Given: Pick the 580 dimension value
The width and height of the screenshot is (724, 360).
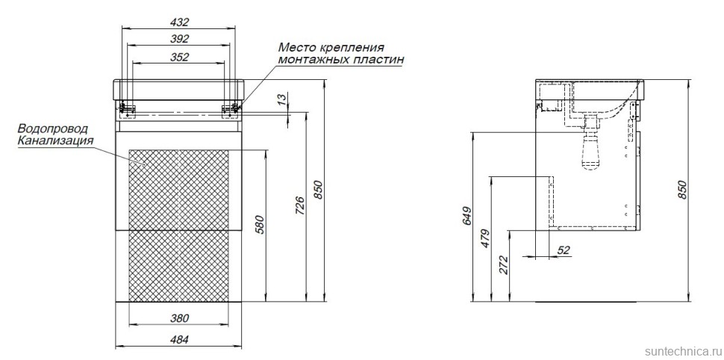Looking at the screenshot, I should tap(259, 224).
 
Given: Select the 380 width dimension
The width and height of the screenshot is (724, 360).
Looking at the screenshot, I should tap(179, 318).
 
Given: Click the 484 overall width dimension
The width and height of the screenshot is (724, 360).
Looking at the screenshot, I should tap(179, 340).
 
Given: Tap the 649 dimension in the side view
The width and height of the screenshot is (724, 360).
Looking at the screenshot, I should tap(466, 215).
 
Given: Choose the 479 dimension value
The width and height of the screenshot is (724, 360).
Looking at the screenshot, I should tap(484, 238).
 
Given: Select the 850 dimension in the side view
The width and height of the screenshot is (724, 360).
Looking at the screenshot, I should tap(682, 190).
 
